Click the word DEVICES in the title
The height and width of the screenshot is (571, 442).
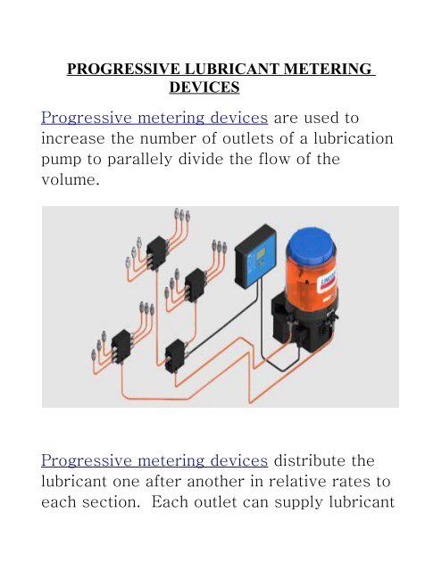pyautogui.click(x=203, y=88)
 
